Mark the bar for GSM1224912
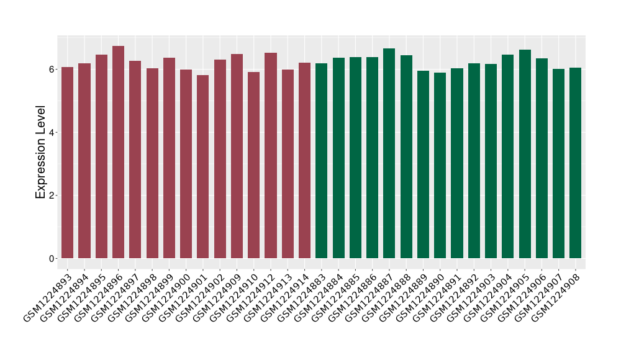pyautogui.click(x=271, y=155)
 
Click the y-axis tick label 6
pyautogui.click(x=53, y=69)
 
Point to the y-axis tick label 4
pyautogui.click(x=53, y=132)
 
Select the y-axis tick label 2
pyautogui.click(x=53, y=196)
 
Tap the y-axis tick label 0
pyautogui.click(x=53, y=259)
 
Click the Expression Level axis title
pyautogui.click(x=41, y=151)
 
